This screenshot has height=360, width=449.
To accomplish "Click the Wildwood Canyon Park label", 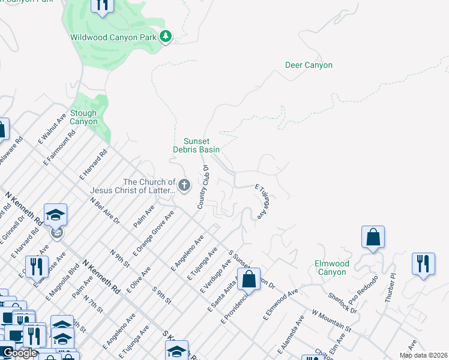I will (113, 37).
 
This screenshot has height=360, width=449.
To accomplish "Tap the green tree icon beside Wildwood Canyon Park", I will (166, 37).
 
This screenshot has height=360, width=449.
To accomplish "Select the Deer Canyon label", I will (309, 65).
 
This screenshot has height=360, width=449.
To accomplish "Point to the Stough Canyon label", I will (83, 117).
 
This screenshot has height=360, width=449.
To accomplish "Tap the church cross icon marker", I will (184, 185).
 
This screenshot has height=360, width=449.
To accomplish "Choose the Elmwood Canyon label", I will (331, 268).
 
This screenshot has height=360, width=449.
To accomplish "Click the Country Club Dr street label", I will (203, 187).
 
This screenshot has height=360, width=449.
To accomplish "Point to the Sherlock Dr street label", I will (343, 303).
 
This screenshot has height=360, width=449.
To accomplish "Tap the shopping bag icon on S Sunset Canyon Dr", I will (249, 279).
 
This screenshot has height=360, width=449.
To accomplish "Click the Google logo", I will (19, 353).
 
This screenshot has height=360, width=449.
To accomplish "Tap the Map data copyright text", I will (423, 355).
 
